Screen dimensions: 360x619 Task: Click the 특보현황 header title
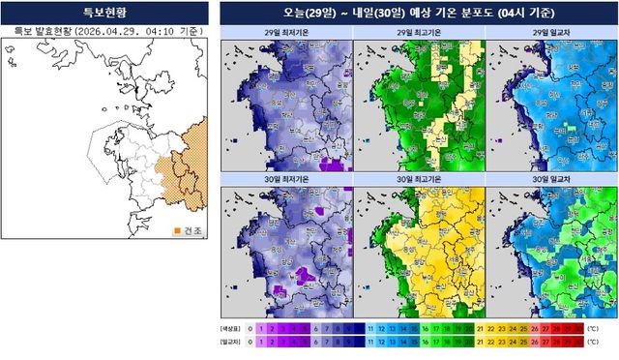[x=104, y=14]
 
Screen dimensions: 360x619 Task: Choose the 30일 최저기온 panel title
[x=286, y=180]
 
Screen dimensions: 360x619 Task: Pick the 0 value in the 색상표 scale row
[x=251, y=329]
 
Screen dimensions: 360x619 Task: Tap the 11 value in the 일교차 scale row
[x=370, y=343]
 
